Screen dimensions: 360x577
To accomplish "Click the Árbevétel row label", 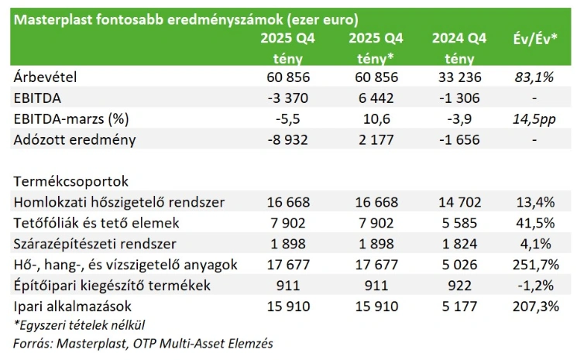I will pyautogui.click(x=47, y=77).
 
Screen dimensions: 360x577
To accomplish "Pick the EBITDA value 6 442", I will pyautogui.click(x=376, y=98).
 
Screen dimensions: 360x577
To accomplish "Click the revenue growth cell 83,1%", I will pyautogui.click(x=535, y=77).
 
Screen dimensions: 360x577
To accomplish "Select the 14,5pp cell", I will pyautogui.click(x=535, y=119).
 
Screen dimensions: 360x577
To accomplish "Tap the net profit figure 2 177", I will pyautogui.click(x=376, y=140).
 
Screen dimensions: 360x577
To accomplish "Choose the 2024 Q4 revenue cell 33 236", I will pyautogui.click(x=460, y=77).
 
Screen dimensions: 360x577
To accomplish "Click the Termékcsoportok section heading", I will pyautogui.click(x=70, y=181).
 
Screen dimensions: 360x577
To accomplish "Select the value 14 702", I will pyautogui.click(x=460, y=203).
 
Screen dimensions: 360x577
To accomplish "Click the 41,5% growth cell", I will pyautogui.click(x=536, y=223).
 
